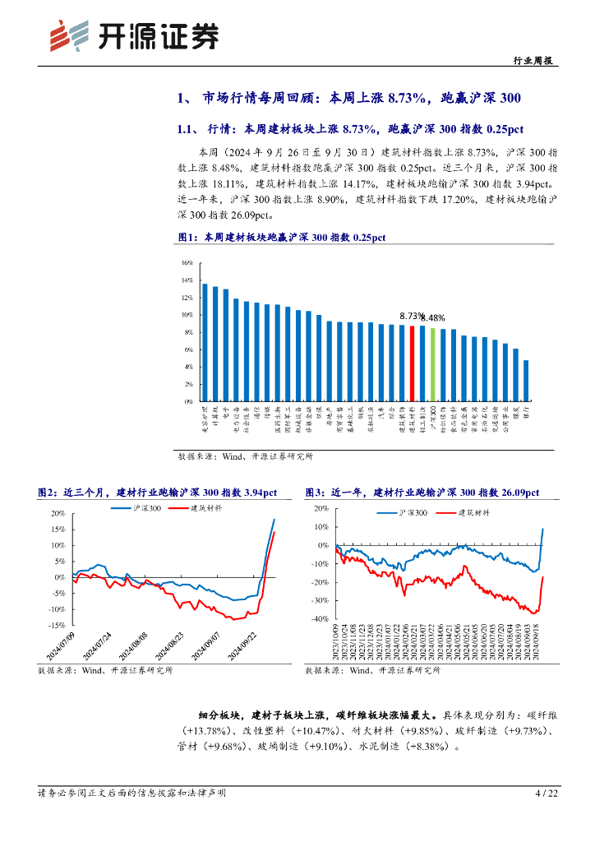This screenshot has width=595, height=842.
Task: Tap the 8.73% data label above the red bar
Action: tap(411, 316)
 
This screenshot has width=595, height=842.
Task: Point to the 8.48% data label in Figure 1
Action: tap(433, 318)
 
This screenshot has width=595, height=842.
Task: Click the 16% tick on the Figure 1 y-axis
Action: tap(187, 263)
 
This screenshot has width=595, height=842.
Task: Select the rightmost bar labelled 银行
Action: tap(526, 381)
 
